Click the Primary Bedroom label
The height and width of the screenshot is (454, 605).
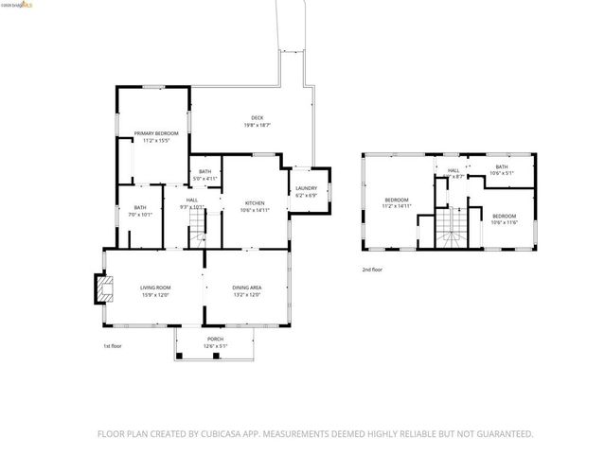point(155,134)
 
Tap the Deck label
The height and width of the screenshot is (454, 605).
point(258,117)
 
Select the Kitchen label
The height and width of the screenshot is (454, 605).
point(255,202)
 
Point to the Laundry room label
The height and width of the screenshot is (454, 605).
point(305,189)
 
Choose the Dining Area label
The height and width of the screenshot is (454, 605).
point(247,288)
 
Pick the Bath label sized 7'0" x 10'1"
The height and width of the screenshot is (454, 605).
point(140,208)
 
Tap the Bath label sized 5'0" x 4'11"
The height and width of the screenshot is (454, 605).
point(205,171)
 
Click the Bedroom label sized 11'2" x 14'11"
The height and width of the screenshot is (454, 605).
point(397,200)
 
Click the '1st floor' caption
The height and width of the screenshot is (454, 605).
point(113,345)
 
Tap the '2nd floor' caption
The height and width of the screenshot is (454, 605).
point(372,270)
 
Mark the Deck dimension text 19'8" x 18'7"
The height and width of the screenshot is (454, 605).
point(258,125)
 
